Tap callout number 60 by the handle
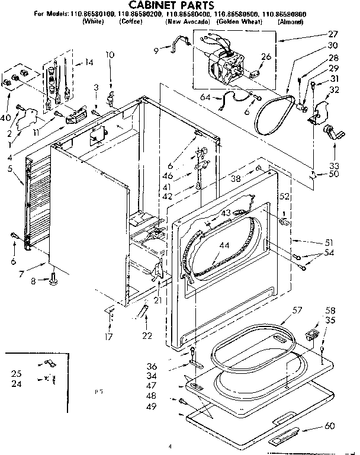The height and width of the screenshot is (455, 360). tap(330, 427)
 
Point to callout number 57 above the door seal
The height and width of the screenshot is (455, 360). tap(297, 310)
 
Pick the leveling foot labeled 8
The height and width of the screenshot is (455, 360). tap(54, 276)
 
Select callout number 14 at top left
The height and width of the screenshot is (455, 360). tap(89, 62)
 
